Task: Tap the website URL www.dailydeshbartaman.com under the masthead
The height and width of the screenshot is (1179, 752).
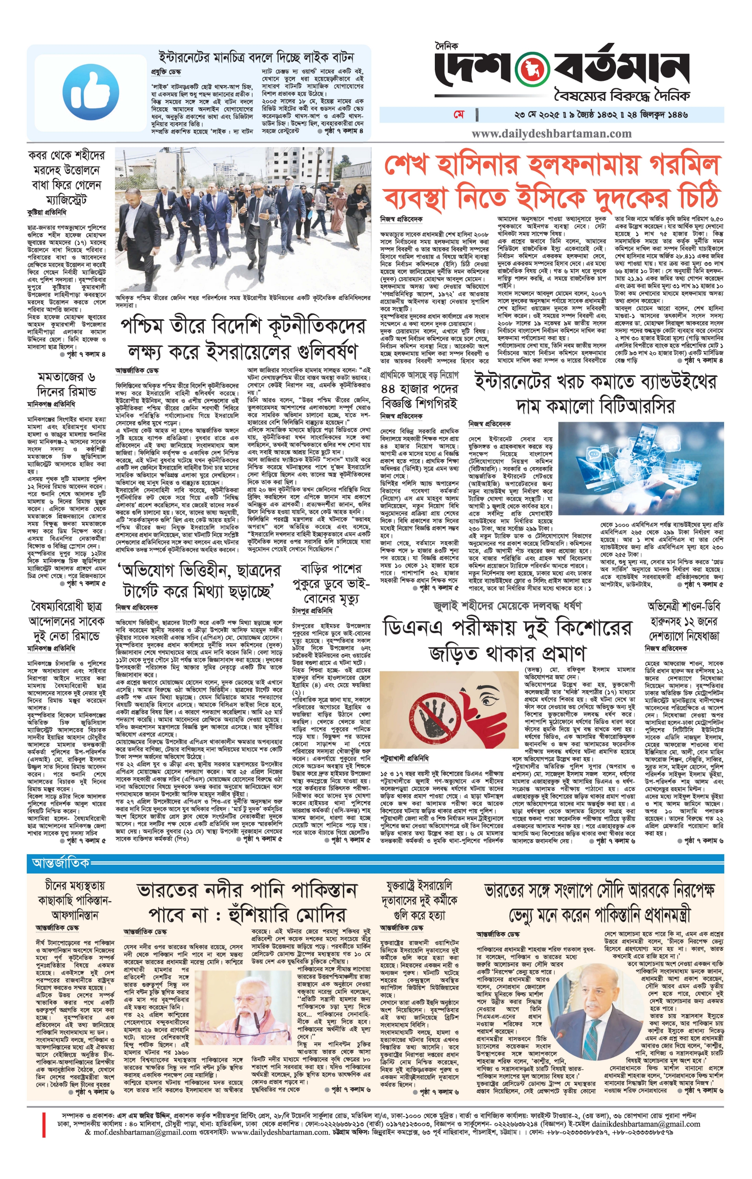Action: coord(551,134)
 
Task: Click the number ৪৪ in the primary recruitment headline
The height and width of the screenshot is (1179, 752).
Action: coord(392,389)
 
